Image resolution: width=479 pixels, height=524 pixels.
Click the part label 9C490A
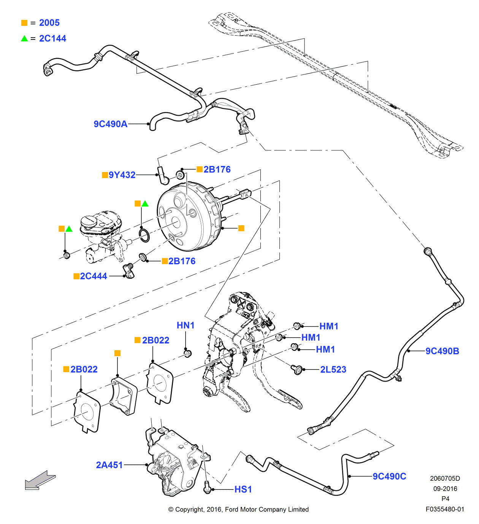110,124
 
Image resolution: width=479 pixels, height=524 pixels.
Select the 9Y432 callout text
122,175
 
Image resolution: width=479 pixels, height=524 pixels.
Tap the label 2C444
93,276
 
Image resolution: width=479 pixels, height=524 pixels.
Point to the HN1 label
186,325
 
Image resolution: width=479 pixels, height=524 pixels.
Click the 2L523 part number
333,370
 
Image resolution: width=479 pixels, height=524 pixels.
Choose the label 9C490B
442,351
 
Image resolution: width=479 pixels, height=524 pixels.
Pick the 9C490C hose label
389,477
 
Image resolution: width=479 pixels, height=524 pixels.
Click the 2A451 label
109,465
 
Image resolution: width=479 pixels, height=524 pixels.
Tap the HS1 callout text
243,489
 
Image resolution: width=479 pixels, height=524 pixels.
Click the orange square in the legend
24,23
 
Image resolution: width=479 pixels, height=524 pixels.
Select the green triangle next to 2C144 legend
24,39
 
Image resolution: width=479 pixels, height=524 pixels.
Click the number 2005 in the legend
49,23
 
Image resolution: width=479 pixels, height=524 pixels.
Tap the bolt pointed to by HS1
207,488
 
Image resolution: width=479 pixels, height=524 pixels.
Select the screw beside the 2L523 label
297,369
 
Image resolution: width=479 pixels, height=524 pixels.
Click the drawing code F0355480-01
445,509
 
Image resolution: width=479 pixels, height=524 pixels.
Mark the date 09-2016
445,489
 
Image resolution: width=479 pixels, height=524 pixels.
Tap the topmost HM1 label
329,326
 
